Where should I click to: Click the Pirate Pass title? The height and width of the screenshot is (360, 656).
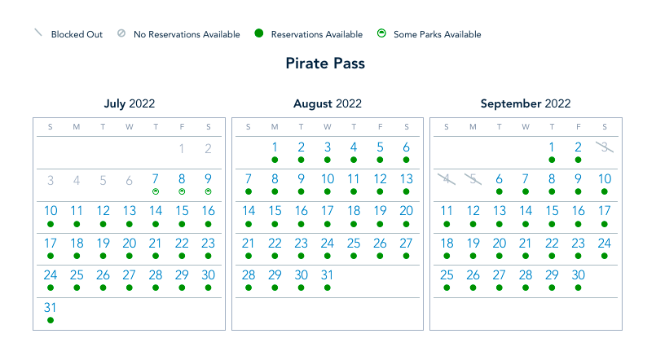click(325, 64)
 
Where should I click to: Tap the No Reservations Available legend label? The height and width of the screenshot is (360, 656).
click(187, 34)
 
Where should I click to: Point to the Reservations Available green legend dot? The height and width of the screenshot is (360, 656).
click(258, 33)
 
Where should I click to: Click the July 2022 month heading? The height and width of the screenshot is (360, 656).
click(129, 103)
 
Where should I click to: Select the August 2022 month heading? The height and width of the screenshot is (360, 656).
click(327, 103)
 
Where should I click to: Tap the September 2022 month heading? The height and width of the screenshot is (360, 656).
click(526, 103)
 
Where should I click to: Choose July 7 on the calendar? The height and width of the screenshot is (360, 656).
click(156, 179)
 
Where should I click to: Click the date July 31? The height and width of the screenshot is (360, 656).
click(51, 308)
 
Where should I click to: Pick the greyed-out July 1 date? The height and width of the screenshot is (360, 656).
click(182, 147)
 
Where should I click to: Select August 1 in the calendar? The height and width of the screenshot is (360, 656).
click(275, 147)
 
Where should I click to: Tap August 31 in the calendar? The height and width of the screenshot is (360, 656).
click(327, 275)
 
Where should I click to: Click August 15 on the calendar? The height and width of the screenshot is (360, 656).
click(275, 211)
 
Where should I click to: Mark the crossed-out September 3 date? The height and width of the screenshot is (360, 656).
click(604, 147)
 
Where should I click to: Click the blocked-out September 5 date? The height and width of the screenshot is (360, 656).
click(473, 179)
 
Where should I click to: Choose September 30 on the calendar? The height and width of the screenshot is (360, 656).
click(578, 275)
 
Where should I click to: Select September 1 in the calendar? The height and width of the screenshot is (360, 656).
click(552, 147)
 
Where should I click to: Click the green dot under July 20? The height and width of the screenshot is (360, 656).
click(129, 256)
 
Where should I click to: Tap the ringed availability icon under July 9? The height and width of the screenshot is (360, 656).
click(208, 191)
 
